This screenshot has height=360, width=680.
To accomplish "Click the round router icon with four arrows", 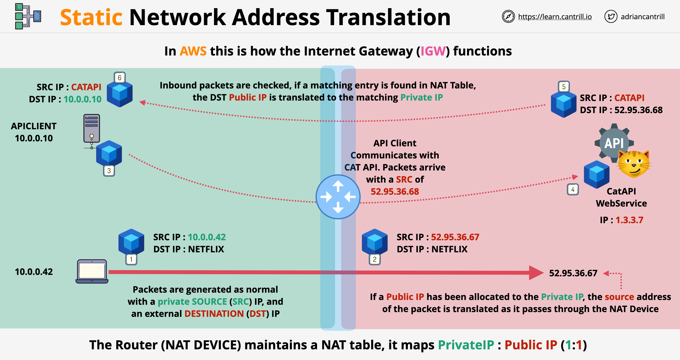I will pyautogui.click(x=338, y=197).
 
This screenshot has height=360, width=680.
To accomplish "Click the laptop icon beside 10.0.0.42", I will pyautogui.click(x=92, y=271).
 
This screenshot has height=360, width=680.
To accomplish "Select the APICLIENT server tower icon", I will pyautogui.click(x=92, y=129).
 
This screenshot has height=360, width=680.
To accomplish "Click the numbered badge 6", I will pyautogui.click(x=120, y=78).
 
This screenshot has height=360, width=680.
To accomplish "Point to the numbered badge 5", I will pyautogui.click(x=564, y=87).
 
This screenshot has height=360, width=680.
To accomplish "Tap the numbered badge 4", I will pyautogui.click(x=573, y=189).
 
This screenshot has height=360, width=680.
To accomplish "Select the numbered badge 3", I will pyautogui.click(x=109, y=171).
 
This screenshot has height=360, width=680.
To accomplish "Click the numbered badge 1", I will pyautogui.click(x=131, y=259).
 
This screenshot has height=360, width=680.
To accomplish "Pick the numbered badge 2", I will pyautogui.click(x=375, y=259).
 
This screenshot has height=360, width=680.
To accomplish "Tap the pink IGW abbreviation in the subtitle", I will pyautogui.click(x=433, y=51).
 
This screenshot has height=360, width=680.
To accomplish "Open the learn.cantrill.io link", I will pyautogui.click(x=555, y=17).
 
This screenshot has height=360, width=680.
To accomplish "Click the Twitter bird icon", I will pyautogui.click(x=610, y=17).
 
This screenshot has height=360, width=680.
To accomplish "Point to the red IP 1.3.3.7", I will pyautogui.click(x=629, y=220).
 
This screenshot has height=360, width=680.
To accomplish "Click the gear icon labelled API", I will pyautogui.click(x=614, y=143).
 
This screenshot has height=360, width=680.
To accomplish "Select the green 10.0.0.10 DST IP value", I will pyautogui.click(x=82, y=99).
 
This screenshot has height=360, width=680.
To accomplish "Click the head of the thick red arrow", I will pyautogui.click(x=536, y=273).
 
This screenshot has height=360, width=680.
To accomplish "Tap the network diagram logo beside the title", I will pyautogui.click(x=28, y=16).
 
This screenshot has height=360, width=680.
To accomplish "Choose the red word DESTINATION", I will pyautogui.click(x=214, y=314).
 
